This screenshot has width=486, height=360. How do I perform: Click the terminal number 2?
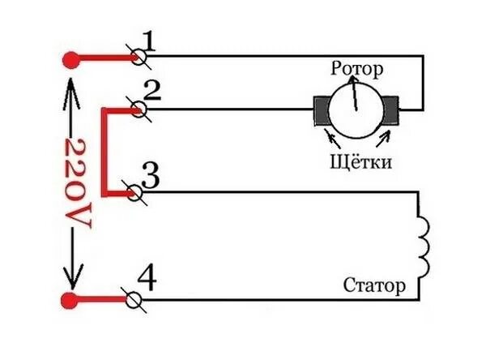151,91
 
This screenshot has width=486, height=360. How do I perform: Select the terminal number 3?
149,174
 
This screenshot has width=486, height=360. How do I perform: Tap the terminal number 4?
147,278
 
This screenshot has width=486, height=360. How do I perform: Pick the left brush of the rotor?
322,109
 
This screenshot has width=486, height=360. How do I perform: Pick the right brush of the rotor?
393,109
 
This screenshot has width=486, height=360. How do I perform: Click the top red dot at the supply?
73,58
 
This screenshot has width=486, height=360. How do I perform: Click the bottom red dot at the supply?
73,301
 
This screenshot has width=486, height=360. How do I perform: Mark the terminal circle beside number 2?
138,108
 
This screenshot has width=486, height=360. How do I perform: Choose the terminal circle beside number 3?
137,193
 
